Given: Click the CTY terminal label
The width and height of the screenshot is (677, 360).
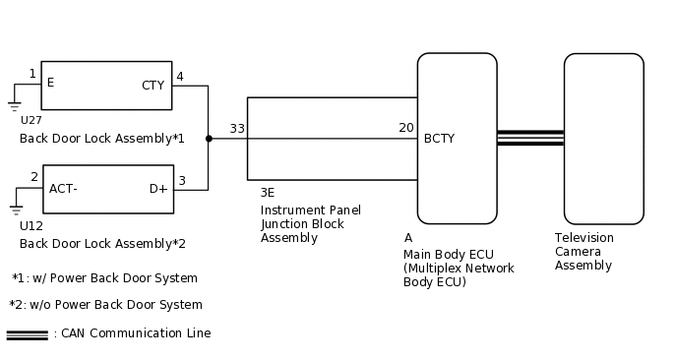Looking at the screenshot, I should coord(153,86).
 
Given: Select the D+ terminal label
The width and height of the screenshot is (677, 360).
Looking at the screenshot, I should coord(158,189).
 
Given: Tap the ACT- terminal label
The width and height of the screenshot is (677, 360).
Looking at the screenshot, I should coord(64,189).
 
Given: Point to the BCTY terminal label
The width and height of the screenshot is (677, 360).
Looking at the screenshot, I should coord(439,139).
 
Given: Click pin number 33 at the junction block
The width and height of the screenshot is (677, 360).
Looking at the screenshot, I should coord(237,129).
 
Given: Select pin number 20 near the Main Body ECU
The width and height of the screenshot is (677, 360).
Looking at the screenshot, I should coord(405,128).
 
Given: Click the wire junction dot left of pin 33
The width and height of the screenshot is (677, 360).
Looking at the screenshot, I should coord(208,139).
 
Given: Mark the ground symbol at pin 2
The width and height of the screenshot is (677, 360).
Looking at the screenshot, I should coord(15,208).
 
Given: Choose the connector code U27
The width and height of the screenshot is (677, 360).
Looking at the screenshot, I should coord(31,120).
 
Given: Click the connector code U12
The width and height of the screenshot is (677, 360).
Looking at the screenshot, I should coord(31,225).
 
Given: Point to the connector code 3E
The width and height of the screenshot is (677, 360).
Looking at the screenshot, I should coord(268,193).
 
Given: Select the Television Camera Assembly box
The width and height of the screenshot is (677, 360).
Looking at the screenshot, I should coord(603,139).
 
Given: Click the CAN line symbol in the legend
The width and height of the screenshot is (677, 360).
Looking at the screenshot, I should coord(27,334).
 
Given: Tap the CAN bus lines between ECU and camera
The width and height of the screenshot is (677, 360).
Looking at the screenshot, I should coord(529,139).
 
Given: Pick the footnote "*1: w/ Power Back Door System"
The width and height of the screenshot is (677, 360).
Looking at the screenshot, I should coord(104,278).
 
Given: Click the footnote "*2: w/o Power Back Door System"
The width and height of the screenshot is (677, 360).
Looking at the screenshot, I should coord(106,305).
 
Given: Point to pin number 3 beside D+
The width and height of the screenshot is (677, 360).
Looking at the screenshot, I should coord(181,181).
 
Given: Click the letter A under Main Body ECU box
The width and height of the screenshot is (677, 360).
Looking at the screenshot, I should coord(408,238).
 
